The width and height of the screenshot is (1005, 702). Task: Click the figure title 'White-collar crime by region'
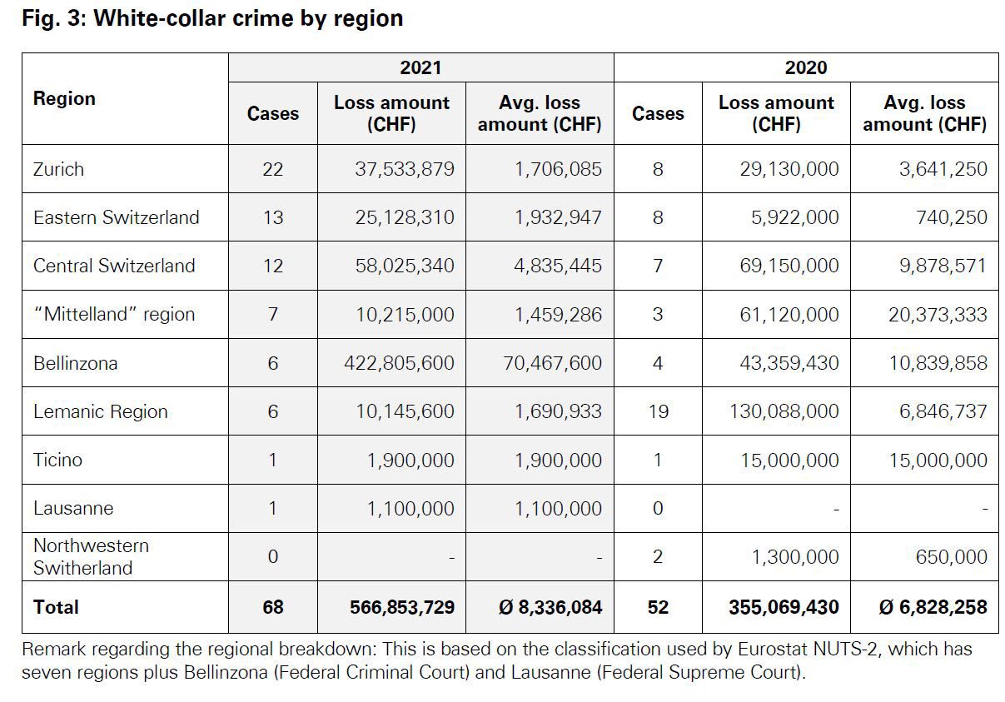(248, 18)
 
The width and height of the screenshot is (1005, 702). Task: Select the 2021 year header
(420, 67)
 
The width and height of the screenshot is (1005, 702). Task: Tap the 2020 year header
(805, 67)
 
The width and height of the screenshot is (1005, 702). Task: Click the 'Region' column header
(64, 98)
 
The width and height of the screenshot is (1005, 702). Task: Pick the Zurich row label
(58, 169)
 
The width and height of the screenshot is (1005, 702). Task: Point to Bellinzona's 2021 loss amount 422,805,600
(399, 363)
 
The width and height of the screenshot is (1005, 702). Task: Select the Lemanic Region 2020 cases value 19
(658, 411)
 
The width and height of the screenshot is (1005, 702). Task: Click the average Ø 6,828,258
(933, 607)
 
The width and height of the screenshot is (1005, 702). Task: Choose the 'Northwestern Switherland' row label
(91, 556)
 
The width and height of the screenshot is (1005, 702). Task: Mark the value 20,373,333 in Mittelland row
(938, 315)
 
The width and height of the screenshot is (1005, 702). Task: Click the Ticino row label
(57, 460)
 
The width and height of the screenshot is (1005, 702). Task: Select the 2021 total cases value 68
(272, 607)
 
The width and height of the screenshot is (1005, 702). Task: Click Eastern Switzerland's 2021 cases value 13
(272, 217)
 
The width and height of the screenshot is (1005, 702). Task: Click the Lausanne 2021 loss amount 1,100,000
(410, 508)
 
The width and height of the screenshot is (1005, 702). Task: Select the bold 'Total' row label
(56, 607)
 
